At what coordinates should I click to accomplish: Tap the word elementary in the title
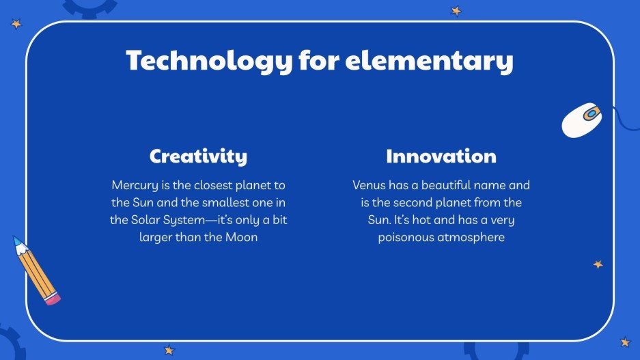tap(428, 61)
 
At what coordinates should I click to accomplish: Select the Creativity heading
tap(198, 156)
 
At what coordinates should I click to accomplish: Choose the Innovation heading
tap(441, 156)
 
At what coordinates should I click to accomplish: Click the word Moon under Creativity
tap(242, 238)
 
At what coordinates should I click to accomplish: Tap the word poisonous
tap(406, 238)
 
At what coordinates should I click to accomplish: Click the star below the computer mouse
tap(598, 264)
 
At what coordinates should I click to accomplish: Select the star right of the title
tap(456, 11)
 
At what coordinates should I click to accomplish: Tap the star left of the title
tap(16, 24)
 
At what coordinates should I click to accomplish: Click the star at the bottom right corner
tap(624, 342)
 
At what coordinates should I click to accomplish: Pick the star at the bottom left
tap(169, 350)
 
